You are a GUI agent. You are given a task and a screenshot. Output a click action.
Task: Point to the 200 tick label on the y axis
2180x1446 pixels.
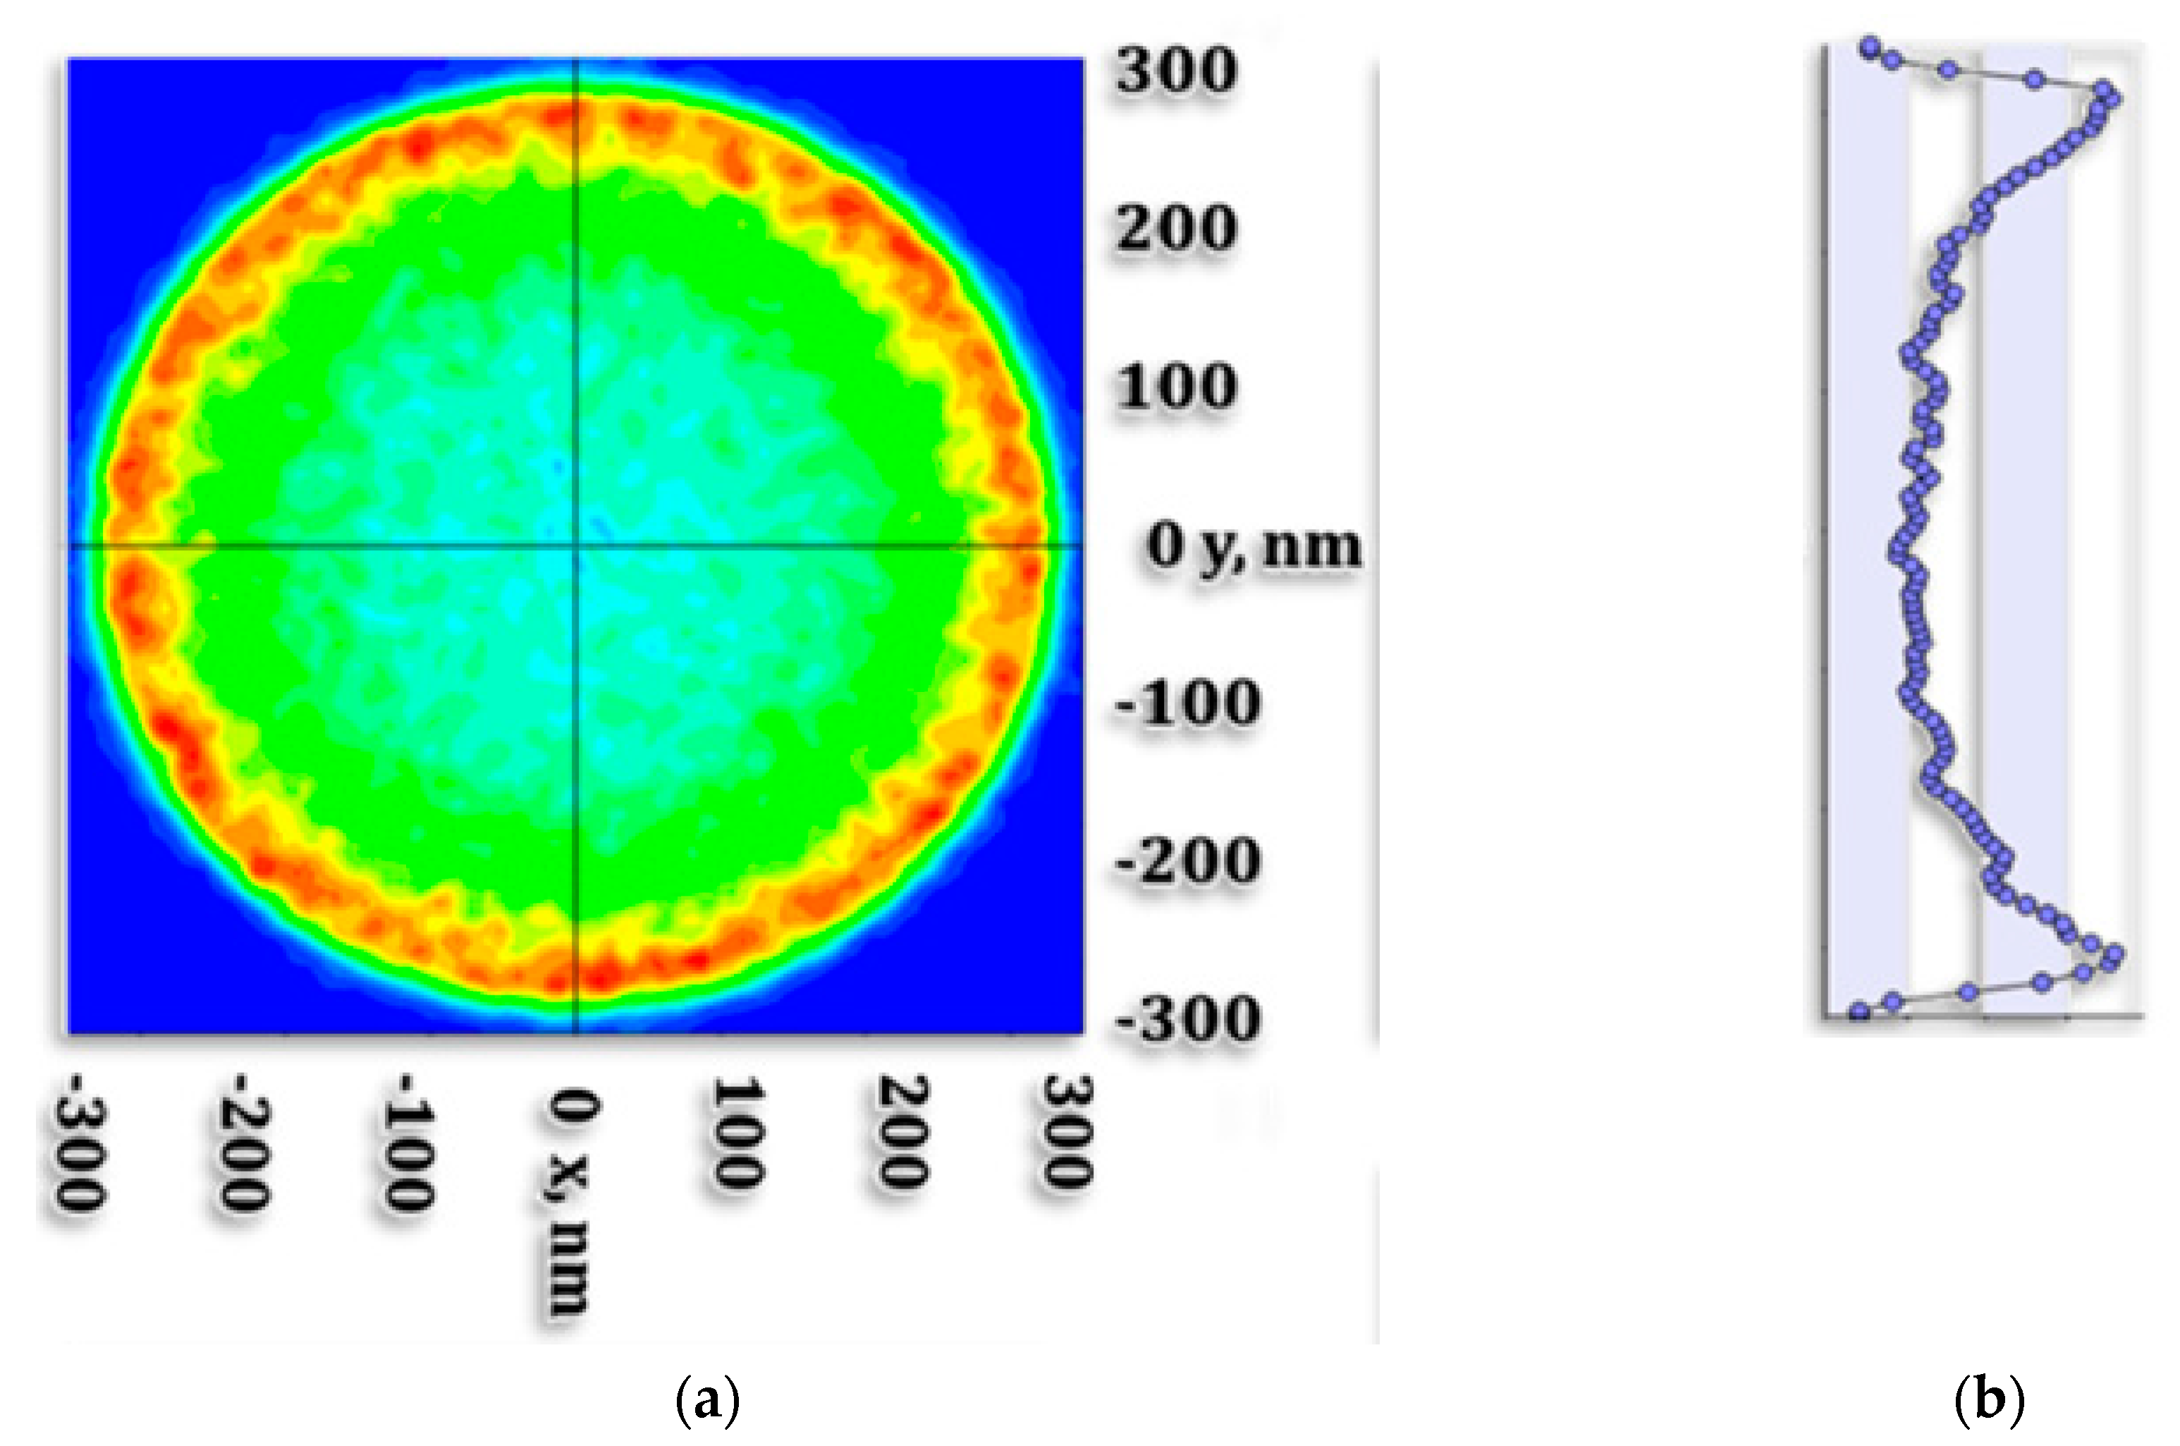click(1175, 229)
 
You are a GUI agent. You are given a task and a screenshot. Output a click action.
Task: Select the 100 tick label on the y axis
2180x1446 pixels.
click(1175, 387)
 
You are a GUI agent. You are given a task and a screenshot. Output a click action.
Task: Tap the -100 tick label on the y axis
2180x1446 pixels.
click(1187, 703)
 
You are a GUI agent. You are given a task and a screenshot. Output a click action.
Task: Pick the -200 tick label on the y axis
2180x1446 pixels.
click(1187, 861)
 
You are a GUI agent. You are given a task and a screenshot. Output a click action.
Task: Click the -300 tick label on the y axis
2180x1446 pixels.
click(1187, 1019)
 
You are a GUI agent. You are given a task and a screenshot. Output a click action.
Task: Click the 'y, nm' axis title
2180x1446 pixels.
click(1280, 548)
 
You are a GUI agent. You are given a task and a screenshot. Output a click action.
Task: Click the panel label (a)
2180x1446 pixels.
click(707, 1403)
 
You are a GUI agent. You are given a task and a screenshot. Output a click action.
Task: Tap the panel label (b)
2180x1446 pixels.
click(1988, 1403)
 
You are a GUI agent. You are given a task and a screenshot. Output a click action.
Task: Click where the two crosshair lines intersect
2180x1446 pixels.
click(576, 546)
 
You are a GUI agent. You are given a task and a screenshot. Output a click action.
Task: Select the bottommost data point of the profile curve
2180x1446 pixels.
click(1860, 1011)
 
